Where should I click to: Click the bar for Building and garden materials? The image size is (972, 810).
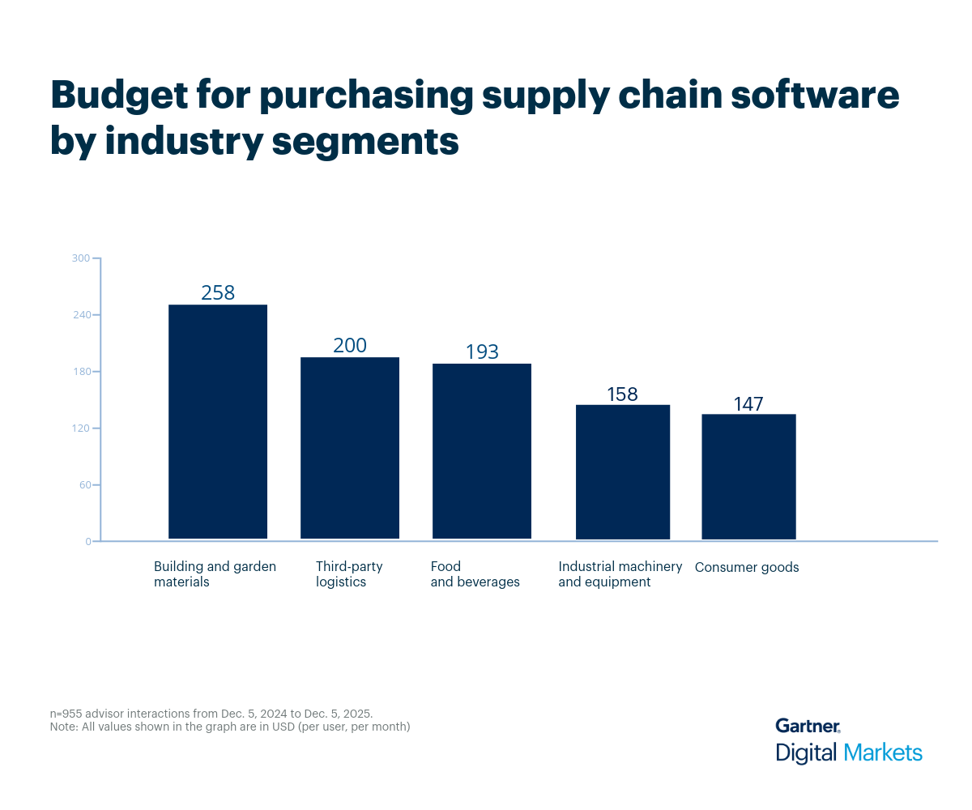pos(218,421)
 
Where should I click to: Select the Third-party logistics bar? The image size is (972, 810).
pos(350,448)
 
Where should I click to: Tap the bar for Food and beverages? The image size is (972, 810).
pos(482,451)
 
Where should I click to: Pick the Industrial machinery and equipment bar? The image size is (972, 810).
pos(623,471)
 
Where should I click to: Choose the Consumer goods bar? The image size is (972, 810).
pos(748,476)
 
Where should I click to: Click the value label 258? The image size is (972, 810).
pos(218,293)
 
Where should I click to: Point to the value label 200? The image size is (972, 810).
pos(350,346)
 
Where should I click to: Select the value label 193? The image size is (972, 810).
pos(482,352)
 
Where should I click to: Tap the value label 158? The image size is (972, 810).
pos(623,394)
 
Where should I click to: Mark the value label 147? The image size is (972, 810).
pos(748,404)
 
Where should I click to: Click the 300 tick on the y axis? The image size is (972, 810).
pos(81,258)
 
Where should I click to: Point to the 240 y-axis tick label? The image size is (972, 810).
pos(81,315)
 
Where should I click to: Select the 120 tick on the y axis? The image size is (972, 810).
pos(81,428)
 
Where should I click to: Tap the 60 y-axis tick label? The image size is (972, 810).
pos(83,485)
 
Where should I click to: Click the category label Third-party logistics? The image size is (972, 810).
pos(349,574)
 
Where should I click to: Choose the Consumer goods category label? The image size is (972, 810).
pos(747,567)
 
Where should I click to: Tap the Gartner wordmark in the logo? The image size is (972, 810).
pos(807,726)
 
